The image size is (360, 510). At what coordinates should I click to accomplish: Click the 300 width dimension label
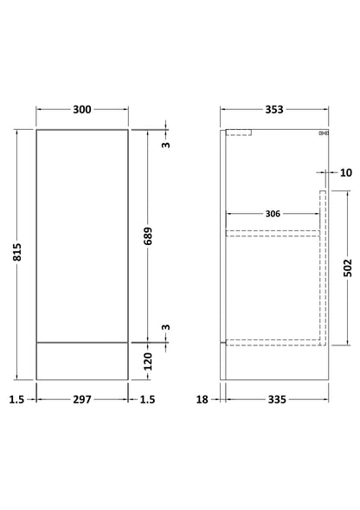click(82, 110)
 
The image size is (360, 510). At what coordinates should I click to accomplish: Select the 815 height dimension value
click(17, 252)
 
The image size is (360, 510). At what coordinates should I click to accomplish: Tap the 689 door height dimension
click(148, 236)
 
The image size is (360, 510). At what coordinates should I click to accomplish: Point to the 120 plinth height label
click(148, 361)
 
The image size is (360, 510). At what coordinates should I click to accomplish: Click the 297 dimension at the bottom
click(82, 399)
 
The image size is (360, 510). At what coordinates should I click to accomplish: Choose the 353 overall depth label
click(274, 110)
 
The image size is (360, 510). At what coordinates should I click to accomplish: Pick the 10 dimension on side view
click(346, 172)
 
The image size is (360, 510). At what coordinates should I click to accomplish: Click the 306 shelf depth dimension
click(273, 214)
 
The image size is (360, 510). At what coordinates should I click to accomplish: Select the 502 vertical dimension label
click(348, 268)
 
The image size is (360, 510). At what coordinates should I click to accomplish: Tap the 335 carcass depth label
click(277, 399)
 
